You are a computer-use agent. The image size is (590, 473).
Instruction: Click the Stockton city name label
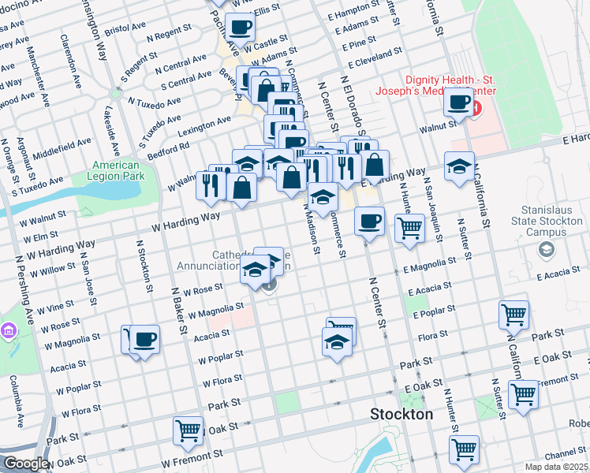(x=402, y=414)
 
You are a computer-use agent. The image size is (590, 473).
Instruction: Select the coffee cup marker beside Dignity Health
(x=458, y=102)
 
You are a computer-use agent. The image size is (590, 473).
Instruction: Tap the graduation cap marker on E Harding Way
(x=459, y=166)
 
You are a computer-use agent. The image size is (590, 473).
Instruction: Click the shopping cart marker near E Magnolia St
(x=409, y=229)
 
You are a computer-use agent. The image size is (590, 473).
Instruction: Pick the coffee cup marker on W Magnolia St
(x=144, y=340)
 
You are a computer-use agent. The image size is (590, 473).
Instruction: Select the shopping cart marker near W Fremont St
(x=188, y=431)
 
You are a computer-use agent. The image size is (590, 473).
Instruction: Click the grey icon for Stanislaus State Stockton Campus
(x=544, y=249)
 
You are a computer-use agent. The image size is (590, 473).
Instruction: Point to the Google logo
(x=25, y=464)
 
